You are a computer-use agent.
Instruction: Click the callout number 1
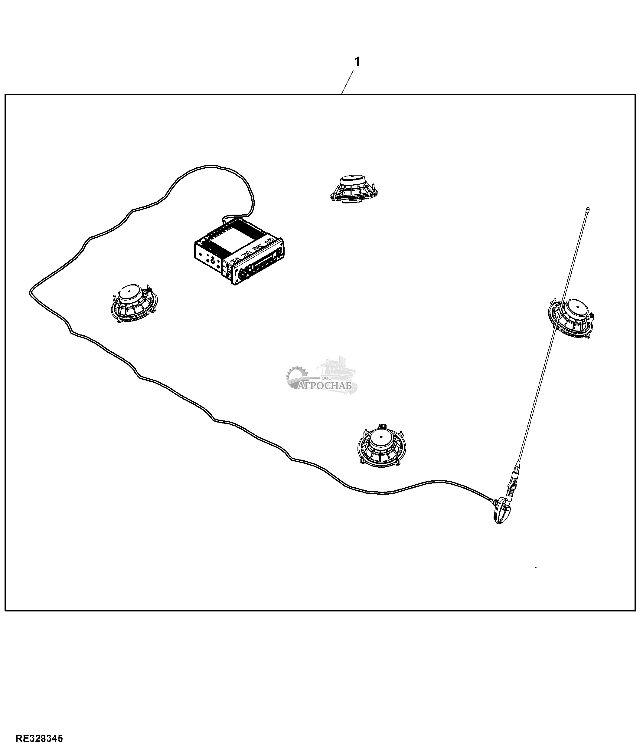tap(357, 62)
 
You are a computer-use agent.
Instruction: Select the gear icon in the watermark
tap(296, 375)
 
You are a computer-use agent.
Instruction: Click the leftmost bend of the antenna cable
tap(30, 293)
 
